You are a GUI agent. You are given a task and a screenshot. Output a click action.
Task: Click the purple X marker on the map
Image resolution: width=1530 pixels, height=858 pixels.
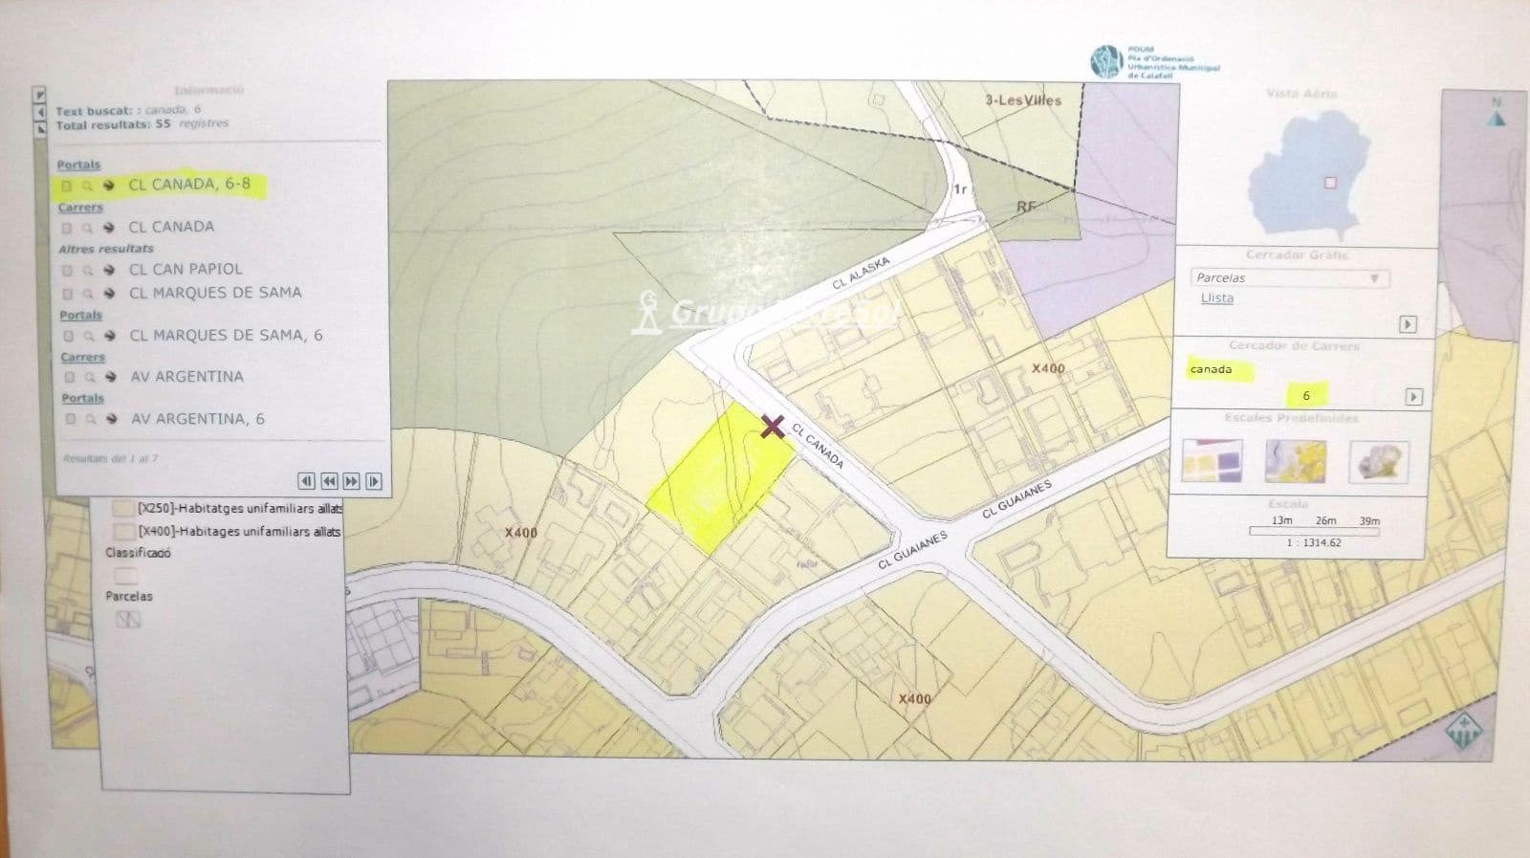click(x=772, y=427)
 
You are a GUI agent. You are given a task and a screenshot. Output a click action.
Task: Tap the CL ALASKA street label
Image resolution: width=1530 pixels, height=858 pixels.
click(x=861, y=273)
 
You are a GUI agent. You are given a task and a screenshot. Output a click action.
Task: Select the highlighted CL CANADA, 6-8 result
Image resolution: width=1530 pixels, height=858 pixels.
click(x=189, y=184)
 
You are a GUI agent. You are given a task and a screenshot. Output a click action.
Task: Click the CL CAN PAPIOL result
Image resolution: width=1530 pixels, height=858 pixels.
click(x=186, y=269)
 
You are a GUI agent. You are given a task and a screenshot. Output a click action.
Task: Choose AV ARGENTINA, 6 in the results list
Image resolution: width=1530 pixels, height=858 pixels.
click(x=197, y=418)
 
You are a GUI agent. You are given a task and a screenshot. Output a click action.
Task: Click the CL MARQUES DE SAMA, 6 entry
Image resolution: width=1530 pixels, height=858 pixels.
click(x=226, y=335)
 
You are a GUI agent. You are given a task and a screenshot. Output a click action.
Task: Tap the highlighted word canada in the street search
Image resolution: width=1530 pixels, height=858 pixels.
click(x=1212, y=369)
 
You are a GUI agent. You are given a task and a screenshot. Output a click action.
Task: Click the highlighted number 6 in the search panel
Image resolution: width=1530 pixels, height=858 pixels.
click(x=1306, y=395)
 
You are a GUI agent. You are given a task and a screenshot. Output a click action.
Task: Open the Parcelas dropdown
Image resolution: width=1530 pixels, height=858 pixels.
click(x=1289, y=277)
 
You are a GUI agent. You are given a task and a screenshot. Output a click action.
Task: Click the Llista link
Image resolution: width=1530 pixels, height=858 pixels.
click(x=1217, y=298)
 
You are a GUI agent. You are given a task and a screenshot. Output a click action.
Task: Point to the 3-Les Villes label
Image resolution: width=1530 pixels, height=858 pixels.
click(x=1023, y=99)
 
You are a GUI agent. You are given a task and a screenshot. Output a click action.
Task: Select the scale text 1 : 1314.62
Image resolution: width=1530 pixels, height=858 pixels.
click(x=1314, y=542)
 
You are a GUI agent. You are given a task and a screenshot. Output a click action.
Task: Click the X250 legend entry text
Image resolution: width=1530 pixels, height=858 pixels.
click(x=239, y=508)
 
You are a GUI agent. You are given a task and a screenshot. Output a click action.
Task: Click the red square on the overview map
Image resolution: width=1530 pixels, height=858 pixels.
click(x=1329, y=183)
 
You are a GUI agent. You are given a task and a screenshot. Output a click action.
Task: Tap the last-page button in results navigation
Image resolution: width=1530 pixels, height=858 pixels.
click(x=374, y=481)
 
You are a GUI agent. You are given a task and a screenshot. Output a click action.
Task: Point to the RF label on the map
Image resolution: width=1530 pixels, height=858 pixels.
click(x=1026, y=207)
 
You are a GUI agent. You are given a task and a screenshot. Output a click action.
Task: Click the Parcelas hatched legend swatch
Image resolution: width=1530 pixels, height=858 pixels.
click(x=128, y=620)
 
